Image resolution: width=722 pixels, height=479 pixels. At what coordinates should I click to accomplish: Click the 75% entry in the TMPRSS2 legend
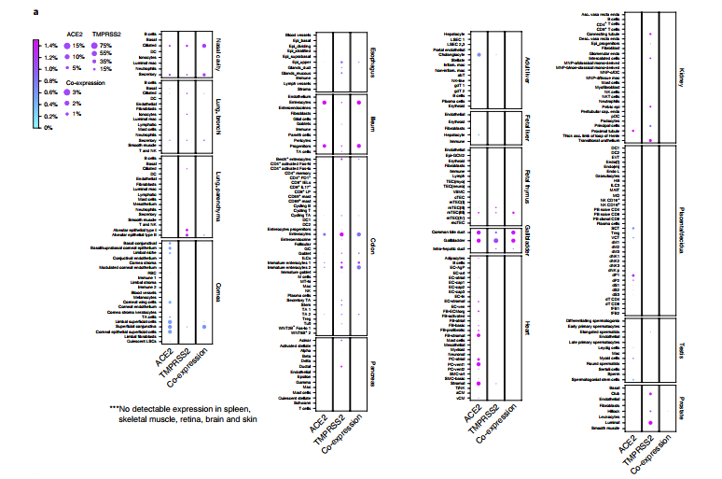(x=106, y=45)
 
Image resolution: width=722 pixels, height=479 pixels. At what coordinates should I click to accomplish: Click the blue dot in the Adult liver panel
(x=479, y=55)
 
